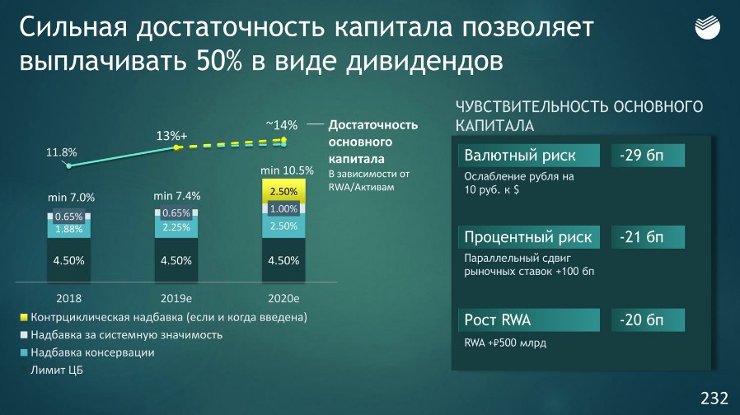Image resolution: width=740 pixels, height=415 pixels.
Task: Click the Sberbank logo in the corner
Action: click(x=707, y=27)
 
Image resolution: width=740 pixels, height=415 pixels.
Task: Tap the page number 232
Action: click(x=714, y=398)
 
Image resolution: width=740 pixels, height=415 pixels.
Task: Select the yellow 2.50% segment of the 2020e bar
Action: click(x=283, y=191)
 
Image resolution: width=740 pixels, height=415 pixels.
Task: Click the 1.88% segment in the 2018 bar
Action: click(x=69, y=229)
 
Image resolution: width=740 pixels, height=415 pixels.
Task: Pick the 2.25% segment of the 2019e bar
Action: click(x=176, y=226)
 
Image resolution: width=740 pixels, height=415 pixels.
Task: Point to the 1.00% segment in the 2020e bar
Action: click(x=283, y=208)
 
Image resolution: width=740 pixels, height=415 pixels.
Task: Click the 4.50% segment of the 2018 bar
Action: click(x=69, y=260)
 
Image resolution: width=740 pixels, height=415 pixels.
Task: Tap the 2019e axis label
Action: click(x=176, y=299)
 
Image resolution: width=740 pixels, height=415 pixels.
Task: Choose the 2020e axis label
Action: click(x=283, y=299)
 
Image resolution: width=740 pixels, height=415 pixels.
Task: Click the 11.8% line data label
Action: click(x=61, y=152)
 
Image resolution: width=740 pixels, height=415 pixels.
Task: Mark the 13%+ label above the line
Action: click(x=171, y=136)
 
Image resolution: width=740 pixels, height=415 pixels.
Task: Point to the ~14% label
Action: click(x=282, y=125)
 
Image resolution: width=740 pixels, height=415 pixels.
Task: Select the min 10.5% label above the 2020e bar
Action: click(x=287, y=170)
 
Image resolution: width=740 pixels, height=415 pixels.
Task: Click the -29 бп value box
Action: click(x=648, y=155)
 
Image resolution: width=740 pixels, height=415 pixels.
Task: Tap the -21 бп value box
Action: click(x=648, y=237)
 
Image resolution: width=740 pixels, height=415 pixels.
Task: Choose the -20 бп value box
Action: click(x=648, y=319)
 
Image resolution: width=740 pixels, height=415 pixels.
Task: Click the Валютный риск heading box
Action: click(x=528, y=155)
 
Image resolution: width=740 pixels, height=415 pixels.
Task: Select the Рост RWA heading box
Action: click(x=528, y=319)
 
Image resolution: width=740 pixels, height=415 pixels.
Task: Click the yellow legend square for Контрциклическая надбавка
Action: click(x=24, y=317)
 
